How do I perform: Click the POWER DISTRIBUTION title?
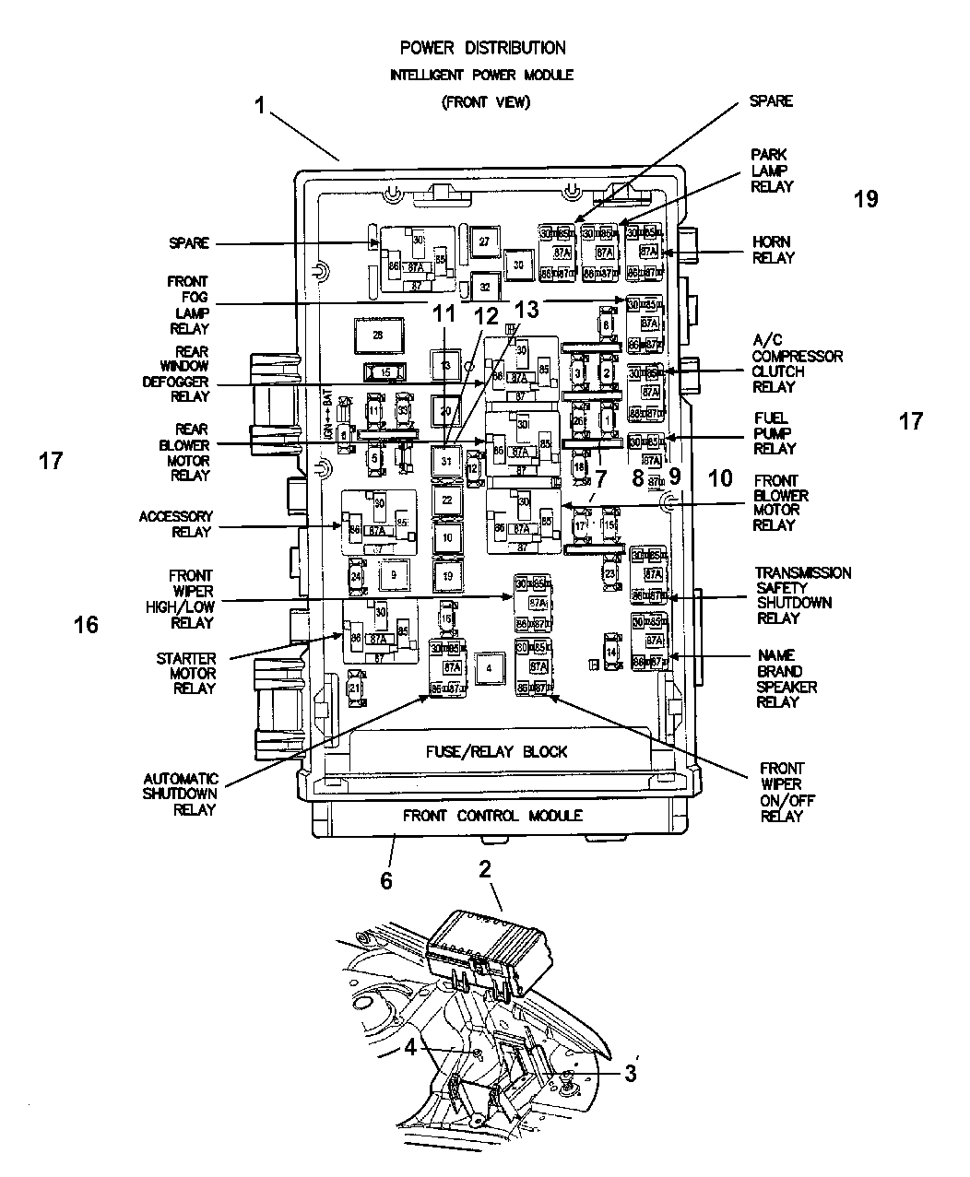pos(482,48)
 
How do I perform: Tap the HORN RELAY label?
pos(772,250)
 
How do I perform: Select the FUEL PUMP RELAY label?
pos(775,432)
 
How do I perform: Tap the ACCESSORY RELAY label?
pos(175,524)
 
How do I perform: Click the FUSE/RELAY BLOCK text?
pos(496,751)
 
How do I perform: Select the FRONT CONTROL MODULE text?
pos(492,816)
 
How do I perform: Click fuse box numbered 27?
pos(484,241)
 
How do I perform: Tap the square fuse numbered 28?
pos(376,336)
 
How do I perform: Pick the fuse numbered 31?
pos(447,460)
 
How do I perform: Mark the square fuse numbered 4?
pos(490,668)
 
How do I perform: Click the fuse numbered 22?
pos(447,500)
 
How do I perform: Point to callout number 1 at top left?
pos(261,106)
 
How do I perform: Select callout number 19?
pos(866,199)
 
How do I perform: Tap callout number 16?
pos(86,626)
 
